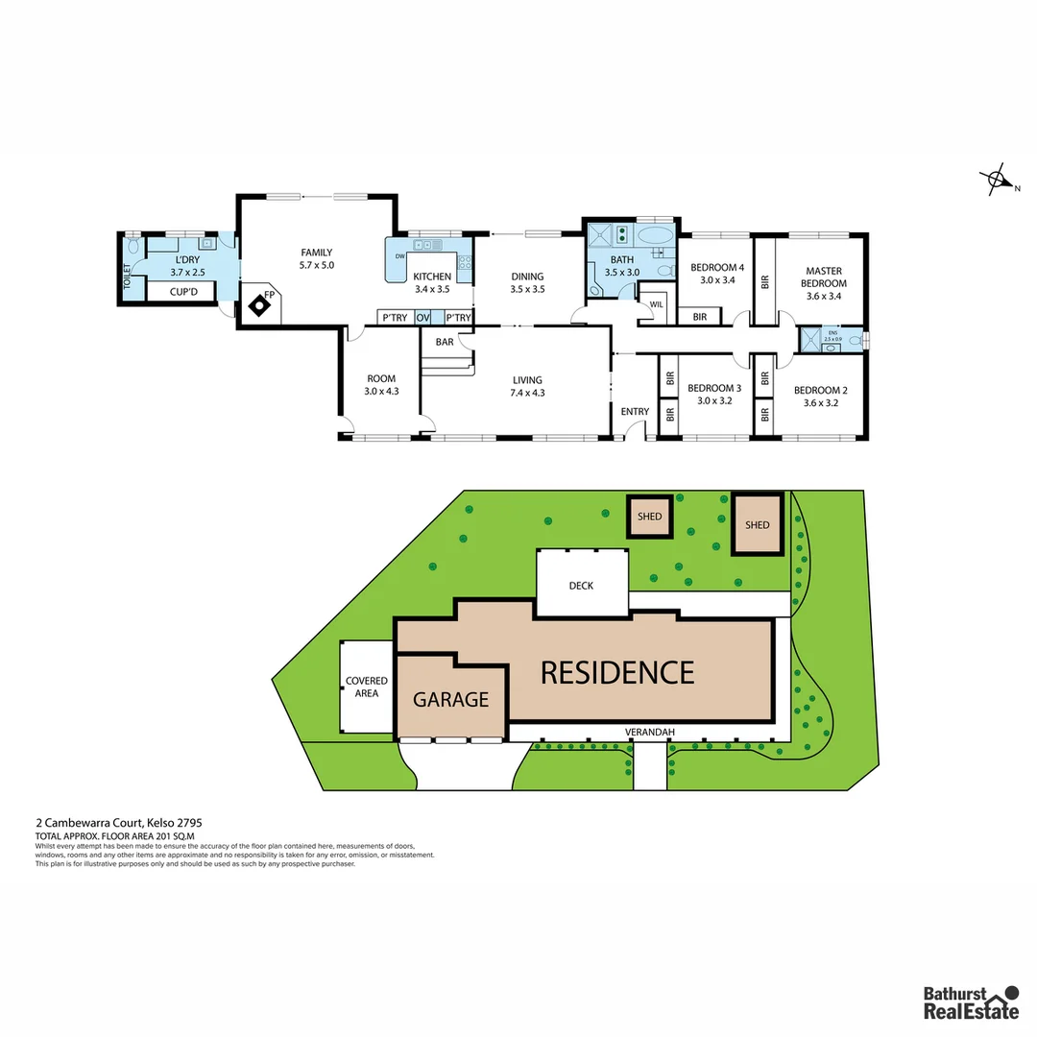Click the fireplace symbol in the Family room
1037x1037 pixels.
point(259,306)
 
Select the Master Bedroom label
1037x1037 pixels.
point(824,283)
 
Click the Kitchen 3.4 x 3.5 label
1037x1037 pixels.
point(432,282)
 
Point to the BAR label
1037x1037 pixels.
point(445,342)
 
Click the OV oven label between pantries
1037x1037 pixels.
point(422,318)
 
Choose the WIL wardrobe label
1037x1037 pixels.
point(657,305)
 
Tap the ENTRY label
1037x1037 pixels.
point(635,412)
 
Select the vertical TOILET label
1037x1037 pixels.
point(127,277)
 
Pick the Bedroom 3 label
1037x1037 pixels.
point(714,395)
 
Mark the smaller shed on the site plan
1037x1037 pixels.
point(650,517)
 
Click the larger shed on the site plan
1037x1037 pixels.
point(758,524)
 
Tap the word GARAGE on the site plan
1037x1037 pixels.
point(451,700)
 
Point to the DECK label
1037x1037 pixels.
point(582,586)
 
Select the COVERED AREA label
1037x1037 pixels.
point(367,687)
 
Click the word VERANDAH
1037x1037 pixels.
point(650,733)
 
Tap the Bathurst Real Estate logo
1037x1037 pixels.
point(971,1001)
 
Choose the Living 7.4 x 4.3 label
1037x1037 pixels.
point(527,386)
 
